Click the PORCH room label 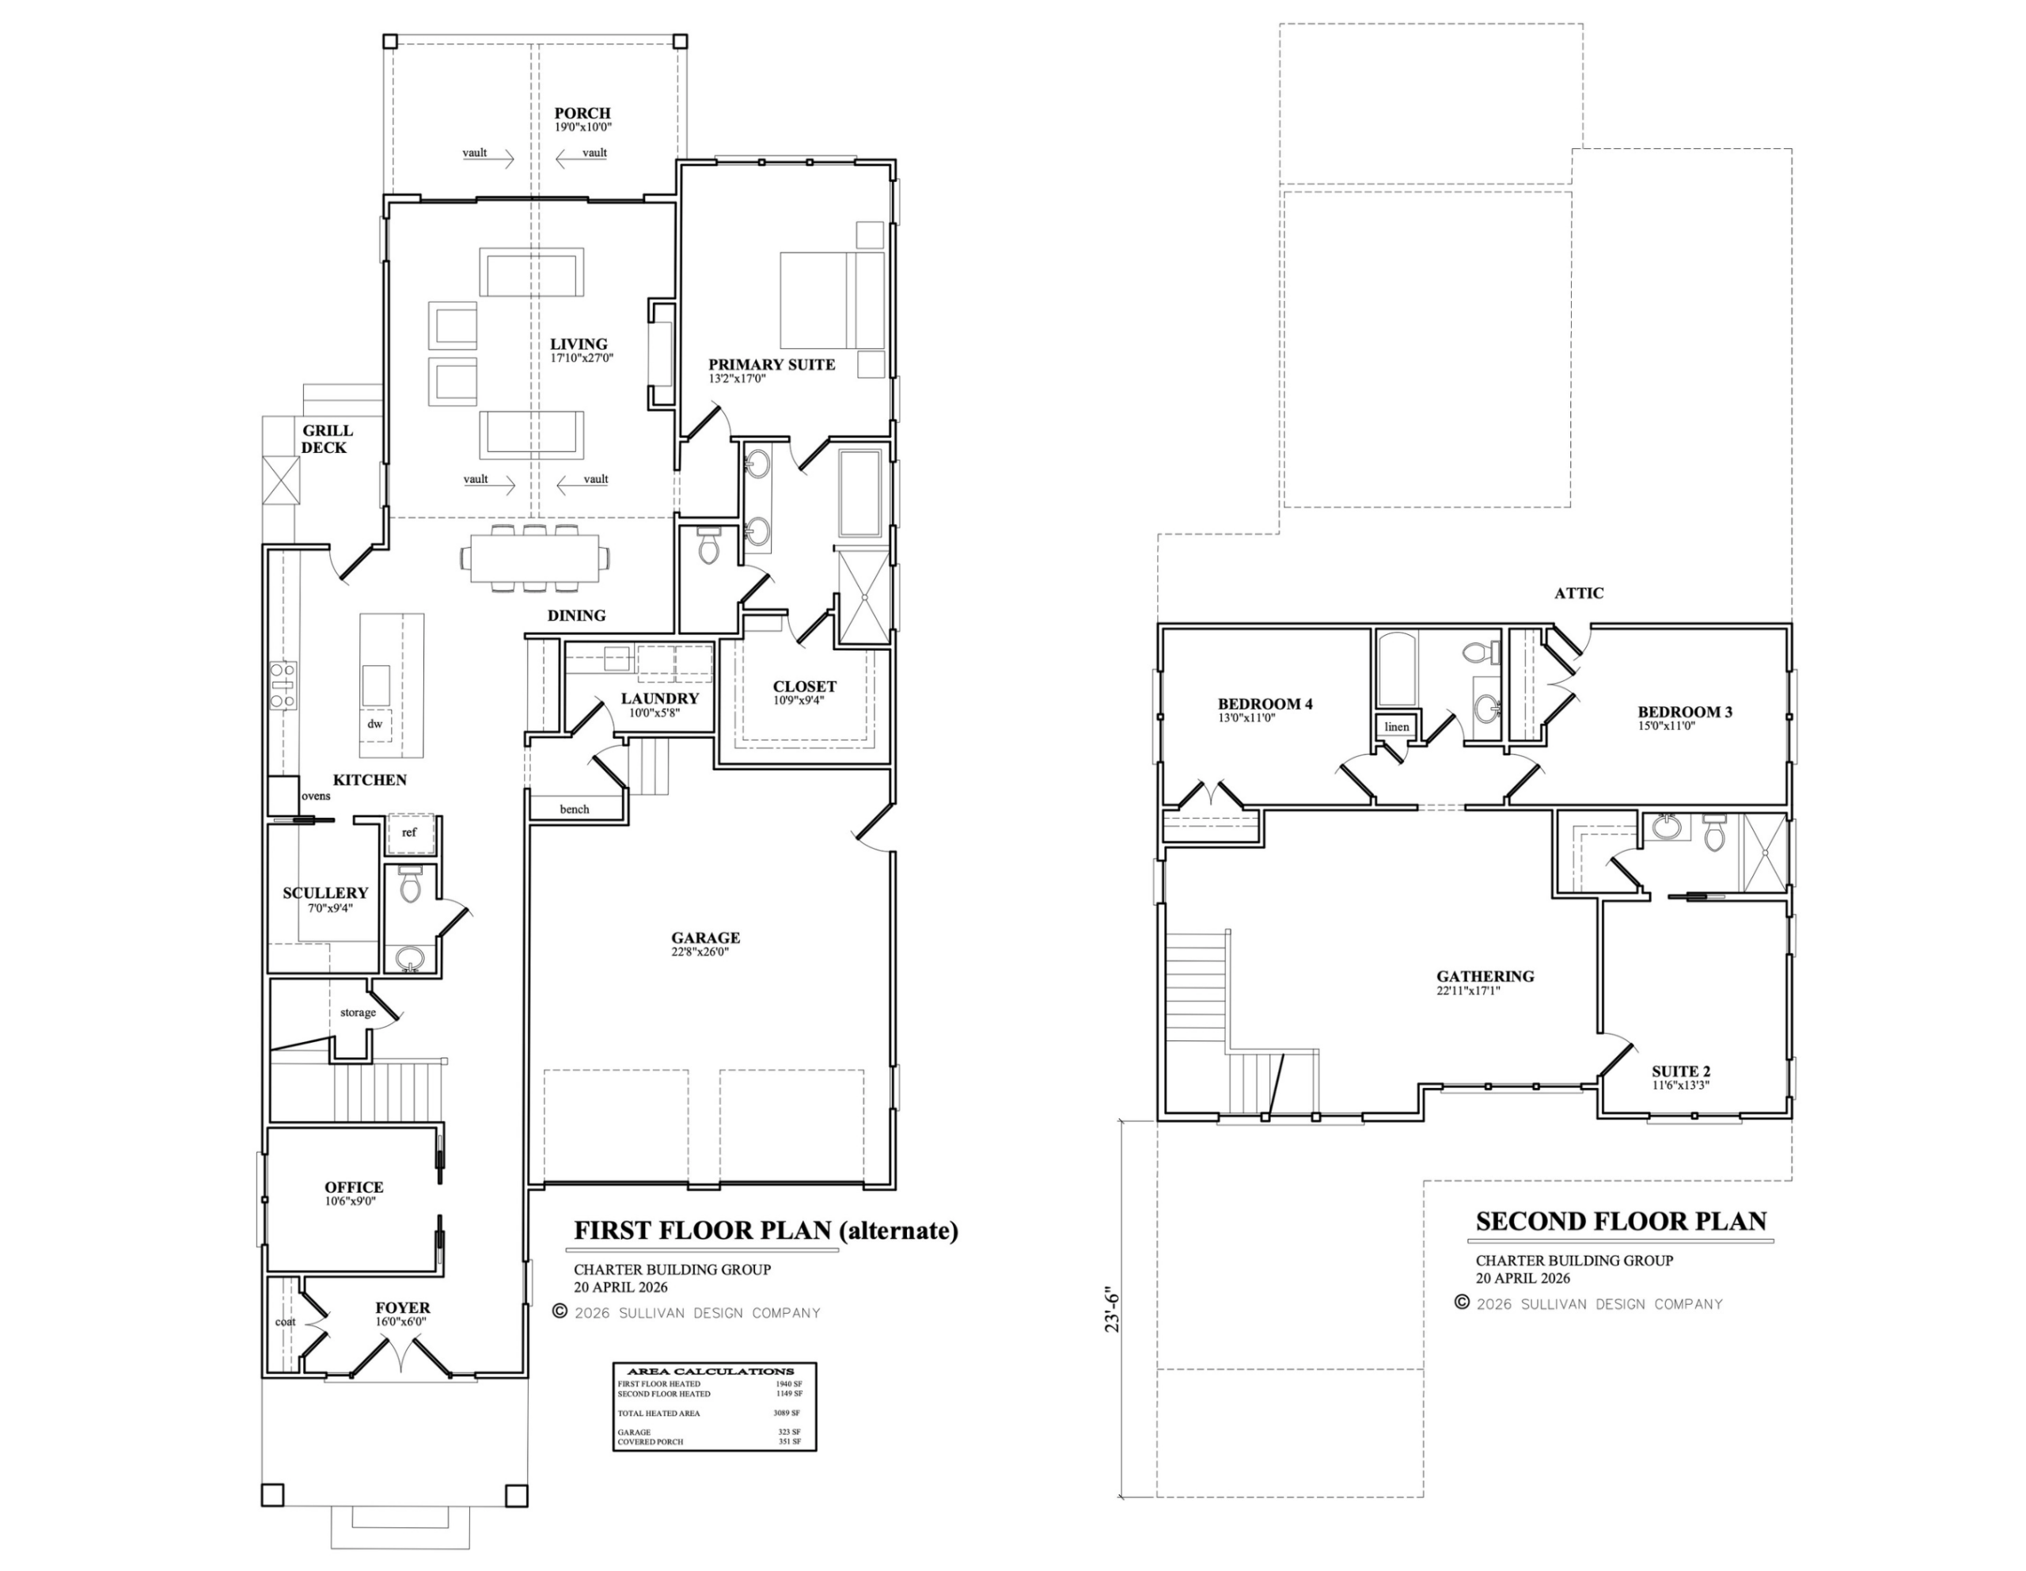(582, 113)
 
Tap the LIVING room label (579, 344)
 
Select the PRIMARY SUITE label (772, 365)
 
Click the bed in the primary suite (832, 300)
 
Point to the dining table (535, 558)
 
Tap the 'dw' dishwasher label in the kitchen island (375, 724)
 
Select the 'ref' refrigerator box (409, 833)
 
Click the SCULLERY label (325, 892)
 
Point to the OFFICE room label (355, 1187)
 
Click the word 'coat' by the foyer (286, 1322)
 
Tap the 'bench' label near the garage (575, 809)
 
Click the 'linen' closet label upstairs (1397, 727)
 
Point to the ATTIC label (1579, 593)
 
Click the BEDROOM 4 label (1265, 704)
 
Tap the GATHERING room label (1485, 976)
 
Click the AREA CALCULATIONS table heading (711, 1371)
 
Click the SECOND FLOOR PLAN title (1622, 1221)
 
